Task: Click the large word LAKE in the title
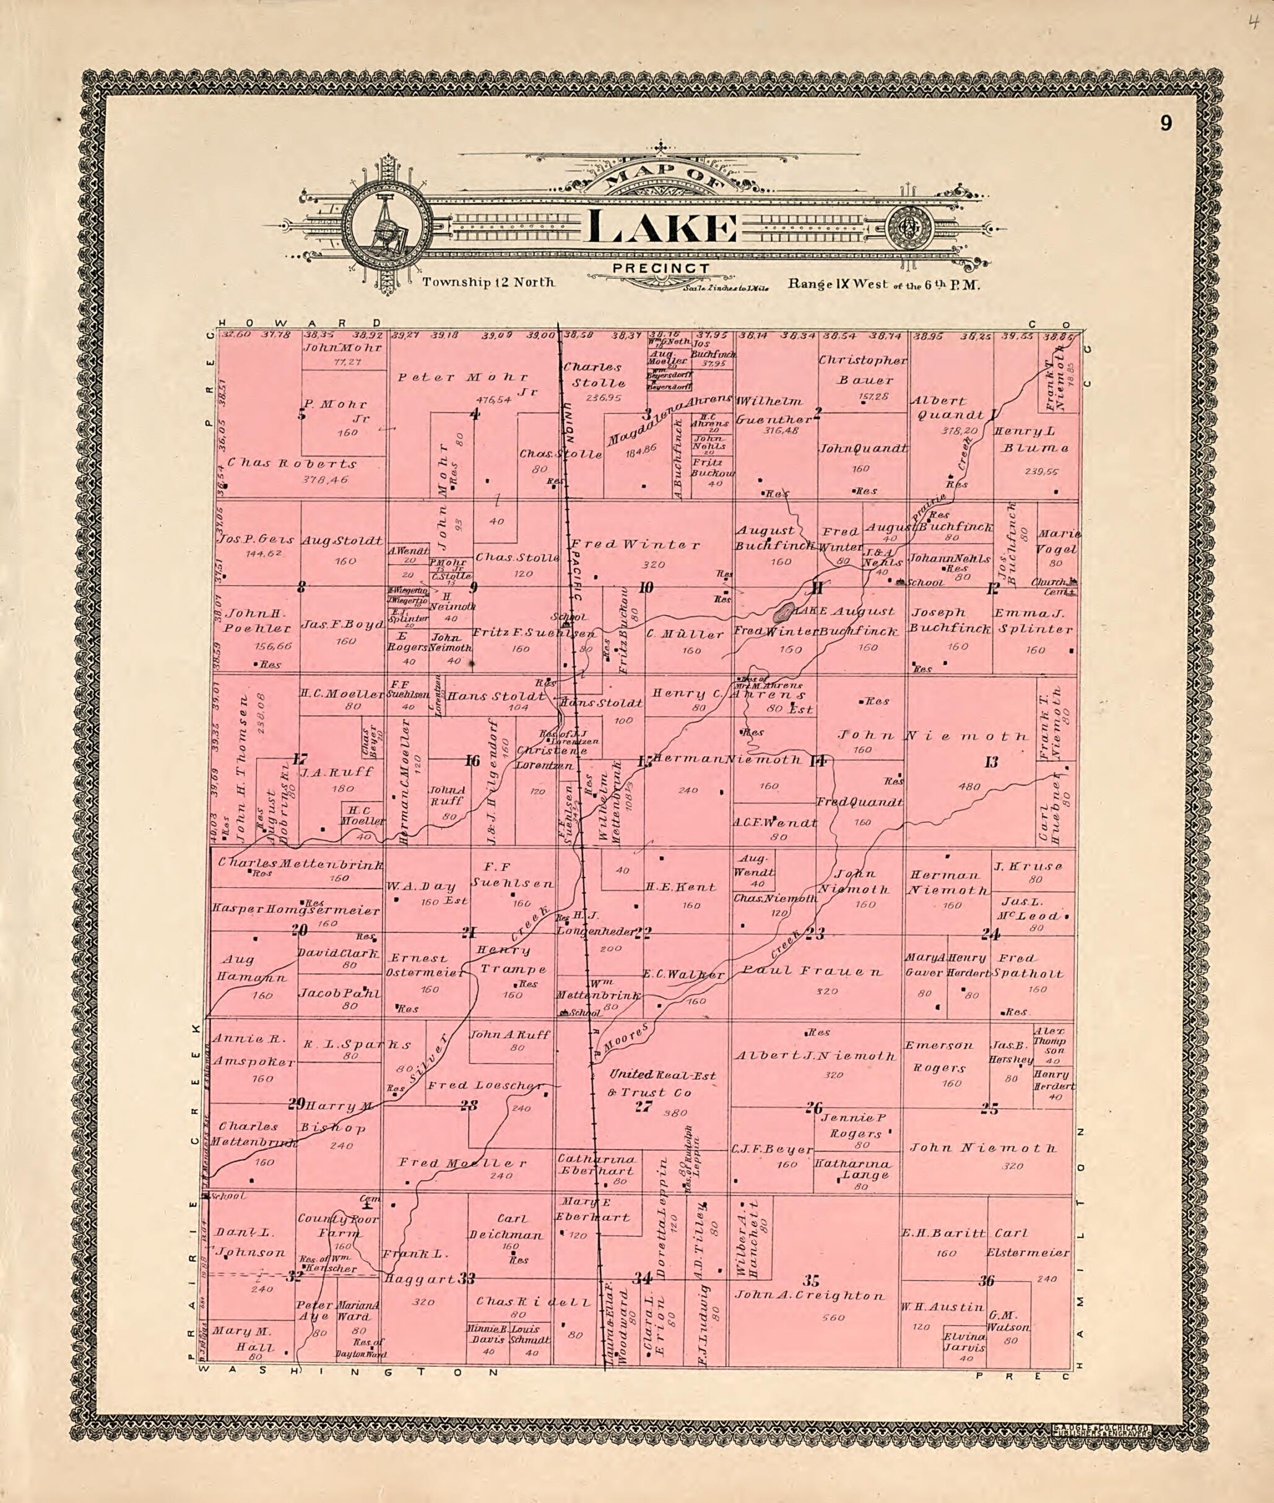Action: [662, 229]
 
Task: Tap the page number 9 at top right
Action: [1166, 124]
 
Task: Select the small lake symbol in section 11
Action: [781, 614]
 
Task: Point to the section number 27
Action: [643, 1106]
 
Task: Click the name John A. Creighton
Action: [809, 1295]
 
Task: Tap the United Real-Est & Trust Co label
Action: [662, 1083]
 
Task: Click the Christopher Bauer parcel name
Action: [864, 369]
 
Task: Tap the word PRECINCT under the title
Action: [661, 269]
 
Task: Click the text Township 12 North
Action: [488, 282]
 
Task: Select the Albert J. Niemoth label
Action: [815, 1056]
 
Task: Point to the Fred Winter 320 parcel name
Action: [635, 545]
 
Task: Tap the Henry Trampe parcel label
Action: [513, 959]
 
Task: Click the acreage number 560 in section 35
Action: [833, 1317]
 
